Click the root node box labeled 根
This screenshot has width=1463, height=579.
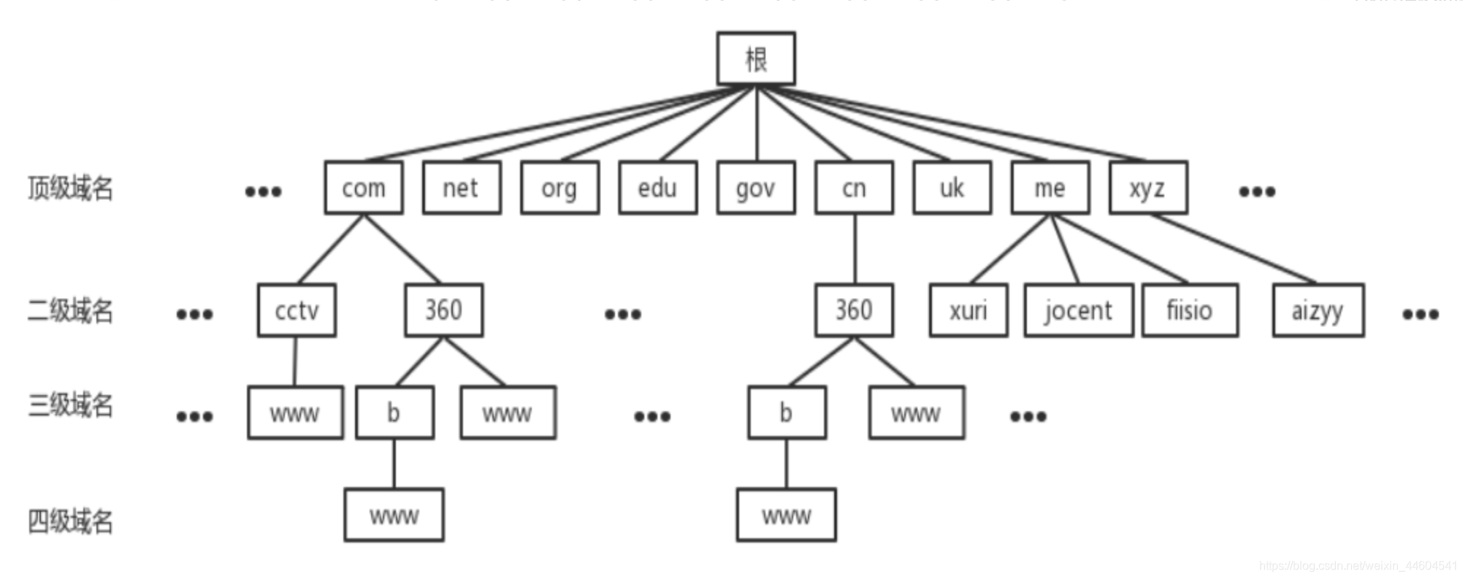tap(755, 58)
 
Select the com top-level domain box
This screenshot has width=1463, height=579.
tap(363, 188)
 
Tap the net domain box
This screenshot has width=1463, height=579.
tap(461, 188)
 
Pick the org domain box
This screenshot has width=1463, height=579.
tap(559, 188)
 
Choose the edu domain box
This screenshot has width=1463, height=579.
tap(657, 188)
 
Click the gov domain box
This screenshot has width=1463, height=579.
tap(755, 188)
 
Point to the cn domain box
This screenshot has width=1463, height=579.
tap(854, 188)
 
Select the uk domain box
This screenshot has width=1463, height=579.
tap(952, 188)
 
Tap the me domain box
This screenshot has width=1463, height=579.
tap(1050, 188)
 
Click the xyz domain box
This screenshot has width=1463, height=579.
tap(1147, 188)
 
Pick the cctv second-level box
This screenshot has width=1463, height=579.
tap(297, 310)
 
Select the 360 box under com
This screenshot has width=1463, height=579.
tap(443, 310)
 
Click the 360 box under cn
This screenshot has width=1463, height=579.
tap(854, 310)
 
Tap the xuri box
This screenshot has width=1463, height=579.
tap(968, 310)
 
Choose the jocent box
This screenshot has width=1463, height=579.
tap(1078, 310)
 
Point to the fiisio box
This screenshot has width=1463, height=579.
tap(1189, 310)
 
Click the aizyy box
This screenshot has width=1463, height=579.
tap(1318, 310)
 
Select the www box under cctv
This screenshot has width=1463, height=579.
tap(295, 413)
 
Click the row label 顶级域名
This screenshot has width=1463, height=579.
tap(70, 188)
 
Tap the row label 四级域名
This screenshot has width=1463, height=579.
tap(70, 521)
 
